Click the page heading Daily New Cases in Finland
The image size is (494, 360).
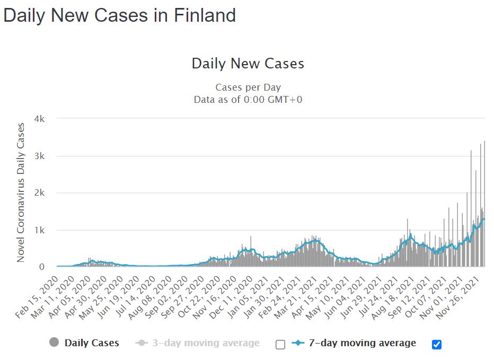[119, 15]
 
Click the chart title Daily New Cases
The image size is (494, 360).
[248, 64]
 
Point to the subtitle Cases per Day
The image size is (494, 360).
[248, 87]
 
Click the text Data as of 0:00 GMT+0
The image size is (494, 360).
[248, 99]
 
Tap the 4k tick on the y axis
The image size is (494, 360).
[39, 119]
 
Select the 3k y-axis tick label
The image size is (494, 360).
[39, 156]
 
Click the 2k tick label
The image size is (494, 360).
[39, 193]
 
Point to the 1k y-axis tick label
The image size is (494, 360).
[39, 230]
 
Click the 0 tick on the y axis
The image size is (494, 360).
[41, 267]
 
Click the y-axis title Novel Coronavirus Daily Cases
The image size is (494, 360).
[21, 192]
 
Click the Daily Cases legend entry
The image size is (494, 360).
[92, 343]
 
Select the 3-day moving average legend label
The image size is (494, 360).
[205, 343]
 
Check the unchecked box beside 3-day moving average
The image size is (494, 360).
[280, 345]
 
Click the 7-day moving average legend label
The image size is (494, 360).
[362, 343]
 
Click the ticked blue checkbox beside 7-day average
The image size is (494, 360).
[437, 345]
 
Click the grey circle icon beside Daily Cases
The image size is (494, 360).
[54, 343]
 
